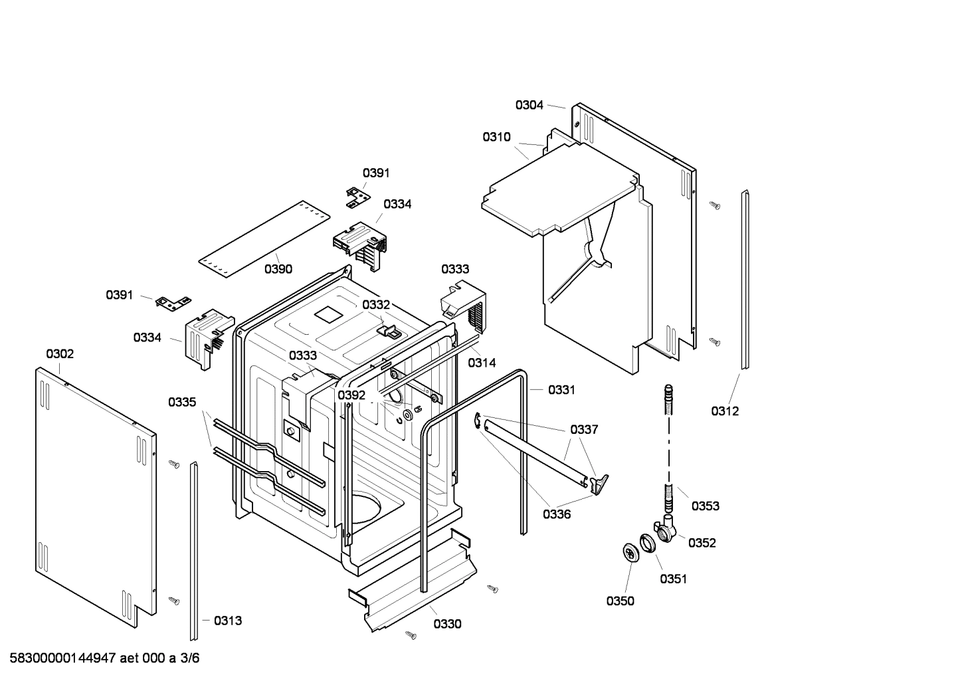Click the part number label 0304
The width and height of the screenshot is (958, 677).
[x=529, y=105]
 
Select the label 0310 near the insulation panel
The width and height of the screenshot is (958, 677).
[x=496, y=137]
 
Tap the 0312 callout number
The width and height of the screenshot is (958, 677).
[x=725, y=411]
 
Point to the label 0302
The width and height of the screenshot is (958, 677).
[x=60, y=354]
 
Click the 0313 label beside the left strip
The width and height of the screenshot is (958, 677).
[x=228, y=621]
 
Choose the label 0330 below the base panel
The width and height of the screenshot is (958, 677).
[x=447, y=624]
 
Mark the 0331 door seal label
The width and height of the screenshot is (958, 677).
[x=561, y=390]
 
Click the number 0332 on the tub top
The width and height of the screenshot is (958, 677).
[x=376, y=304]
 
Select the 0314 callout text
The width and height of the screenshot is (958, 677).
[x=482, y=363]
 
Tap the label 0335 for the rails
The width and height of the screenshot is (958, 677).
[x=182, y=402]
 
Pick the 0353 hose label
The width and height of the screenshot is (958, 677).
[x=705, y=506]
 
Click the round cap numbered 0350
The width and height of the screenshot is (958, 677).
[x=629, y=552]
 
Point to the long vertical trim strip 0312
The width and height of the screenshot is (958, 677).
[x=745, y=279]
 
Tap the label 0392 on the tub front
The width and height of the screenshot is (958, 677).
[x=351, y=395]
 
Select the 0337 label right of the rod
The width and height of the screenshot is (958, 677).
[x=584, y=430]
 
